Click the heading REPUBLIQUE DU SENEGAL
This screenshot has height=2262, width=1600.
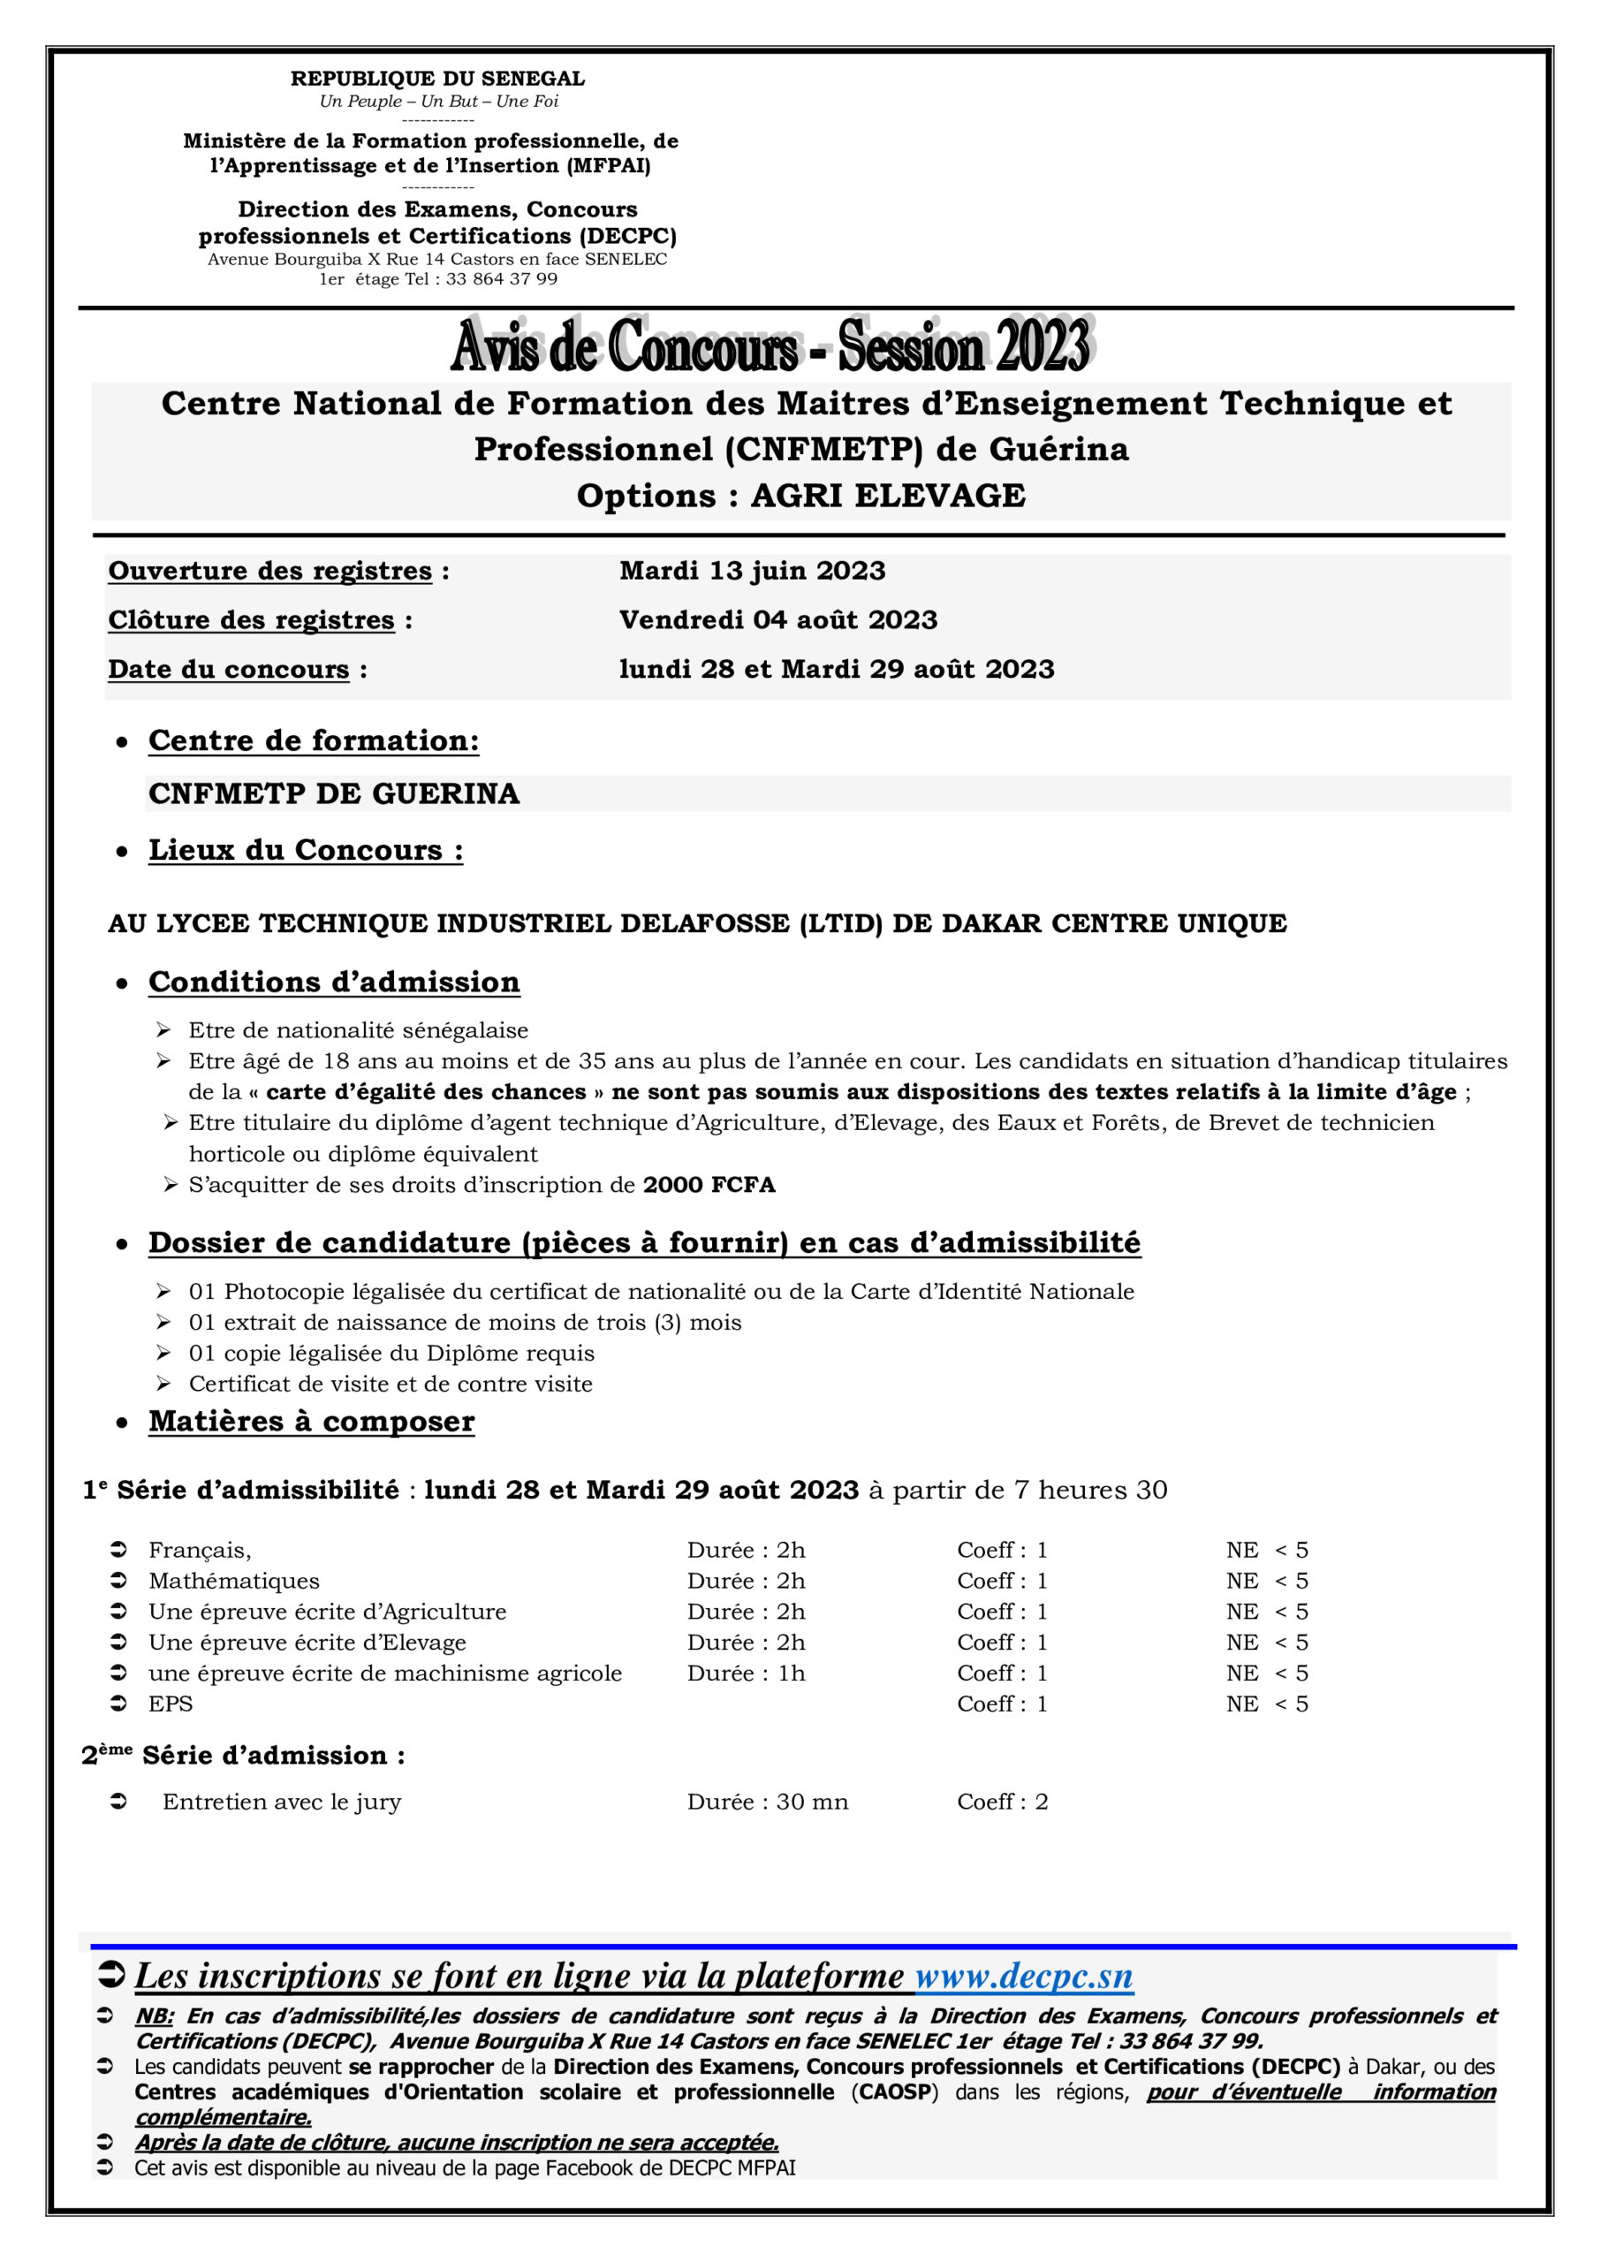[x=437, y=79]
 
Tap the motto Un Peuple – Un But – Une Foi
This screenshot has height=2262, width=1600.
[x=438, y=102]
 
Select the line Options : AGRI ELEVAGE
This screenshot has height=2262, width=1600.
[x=800, y=496]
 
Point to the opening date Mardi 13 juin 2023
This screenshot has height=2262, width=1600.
[x=752, y=572]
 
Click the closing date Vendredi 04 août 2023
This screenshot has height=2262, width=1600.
[x=777, y=620]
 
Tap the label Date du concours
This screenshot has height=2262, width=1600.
[x=229, y=670]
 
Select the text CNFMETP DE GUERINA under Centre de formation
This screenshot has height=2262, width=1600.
[x=333, y=794]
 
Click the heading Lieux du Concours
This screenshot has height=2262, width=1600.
[x=306, y=850]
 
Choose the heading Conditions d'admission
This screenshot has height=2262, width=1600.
[x=334, y=983]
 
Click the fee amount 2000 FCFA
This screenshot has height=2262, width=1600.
[x=709, y=1185]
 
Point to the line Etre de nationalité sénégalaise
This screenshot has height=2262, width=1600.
[x=358, y=1030]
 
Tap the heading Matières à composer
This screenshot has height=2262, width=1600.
[x=311, y=1422]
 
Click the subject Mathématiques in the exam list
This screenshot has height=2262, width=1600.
[x=233, y=1582]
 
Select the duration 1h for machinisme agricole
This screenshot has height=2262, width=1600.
[x=791, y=1674]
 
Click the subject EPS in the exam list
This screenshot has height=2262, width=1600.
[x=171, y=1704]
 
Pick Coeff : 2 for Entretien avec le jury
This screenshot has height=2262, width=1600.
[x=1002, y=1802]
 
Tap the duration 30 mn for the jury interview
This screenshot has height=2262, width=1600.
[x=811, y=1802]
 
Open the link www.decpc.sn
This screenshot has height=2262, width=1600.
[x=1024, y=1977]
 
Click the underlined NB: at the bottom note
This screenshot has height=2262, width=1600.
[x=154, y=2016]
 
